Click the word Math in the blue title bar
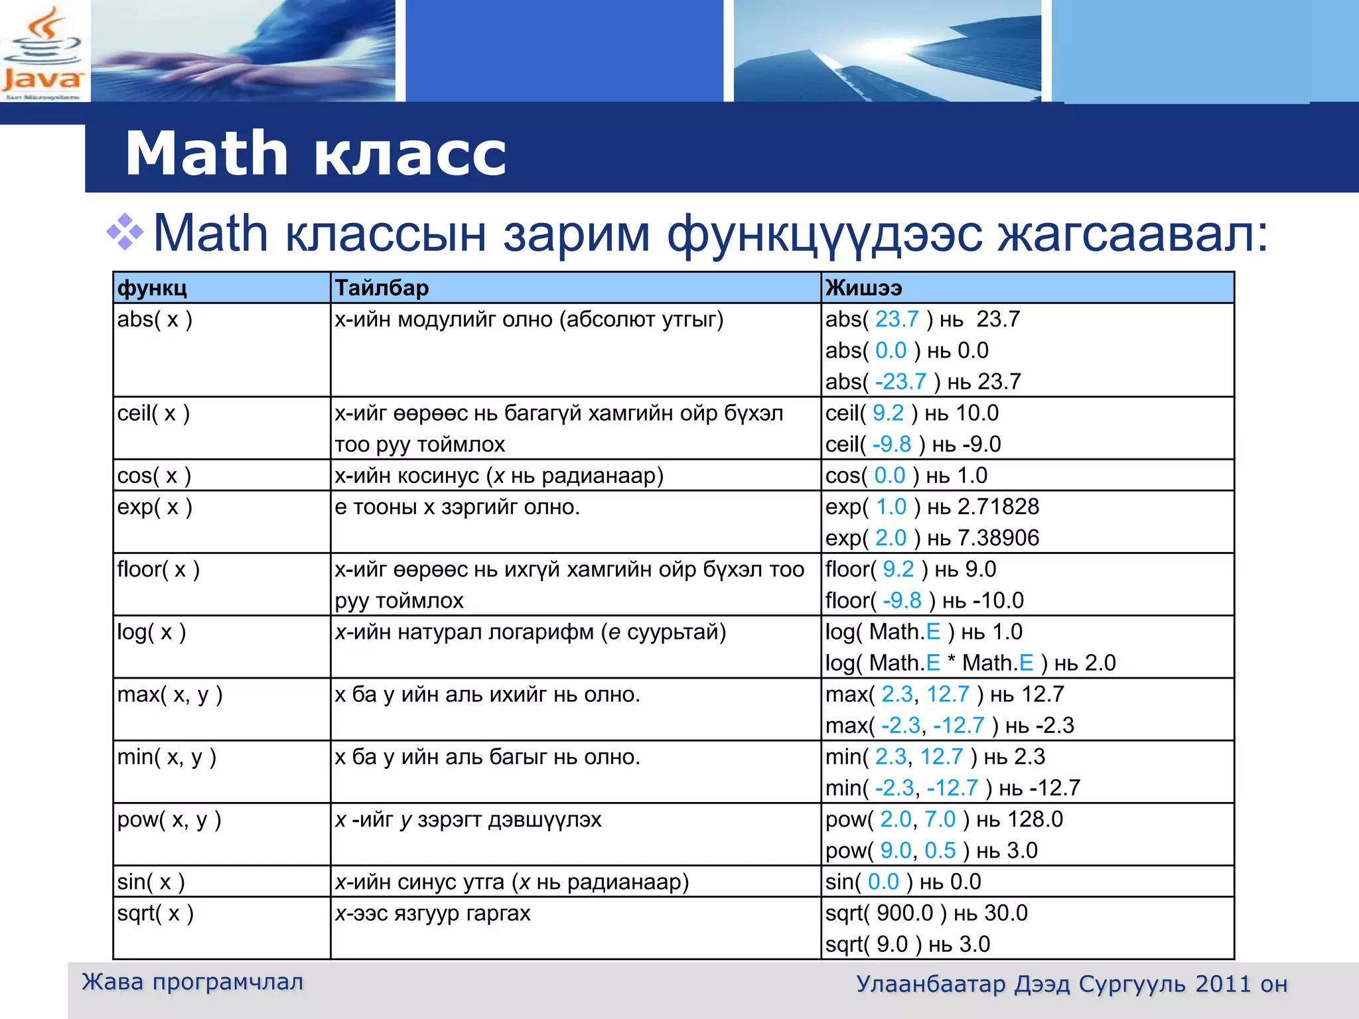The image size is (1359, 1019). coord(206,154)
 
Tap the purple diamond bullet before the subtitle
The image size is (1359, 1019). coord(125,233)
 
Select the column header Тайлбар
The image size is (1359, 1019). coord(382,288)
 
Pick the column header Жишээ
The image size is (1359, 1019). coord(863,288)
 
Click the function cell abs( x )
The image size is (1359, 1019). coord(155,320)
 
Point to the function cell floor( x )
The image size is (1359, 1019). coord(158,570)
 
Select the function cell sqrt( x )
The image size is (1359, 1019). coord(155,914)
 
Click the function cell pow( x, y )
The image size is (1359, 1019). coord(169,820)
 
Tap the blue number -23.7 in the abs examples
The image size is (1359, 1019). coord(900,382)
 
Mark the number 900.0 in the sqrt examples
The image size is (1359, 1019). coord(904,914)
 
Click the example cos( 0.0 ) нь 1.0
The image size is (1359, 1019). coord(906,476)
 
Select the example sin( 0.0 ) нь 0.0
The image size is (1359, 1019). coord(902,882)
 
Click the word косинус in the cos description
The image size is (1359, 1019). coord(439,476)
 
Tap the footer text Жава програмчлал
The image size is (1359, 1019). coord(192,982)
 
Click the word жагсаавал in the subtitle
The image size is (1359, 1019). coord(1132,234)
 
